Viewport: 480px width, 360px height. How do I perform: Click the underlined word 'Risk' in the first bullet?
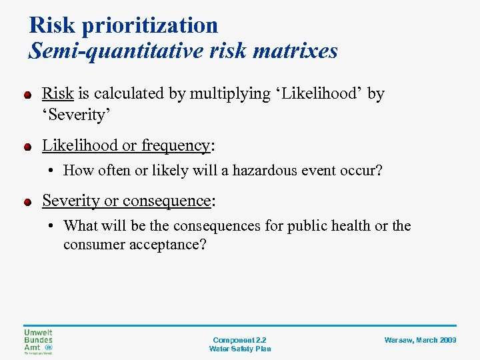coord(58,94)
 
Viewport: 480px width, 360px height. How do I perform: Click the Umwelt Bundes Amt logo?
coord(38,341)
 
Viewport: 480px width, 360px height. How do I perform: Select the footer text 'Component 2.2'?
coord(239,340)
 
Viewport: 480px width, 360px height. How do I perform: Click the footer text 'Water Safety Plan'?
coord(239,349)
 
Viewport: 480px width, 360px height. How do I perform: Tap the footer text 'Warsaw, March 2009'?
coord(420,340)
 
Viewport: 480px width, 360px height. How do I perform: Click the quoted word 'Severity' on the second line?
coord(75,115)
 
